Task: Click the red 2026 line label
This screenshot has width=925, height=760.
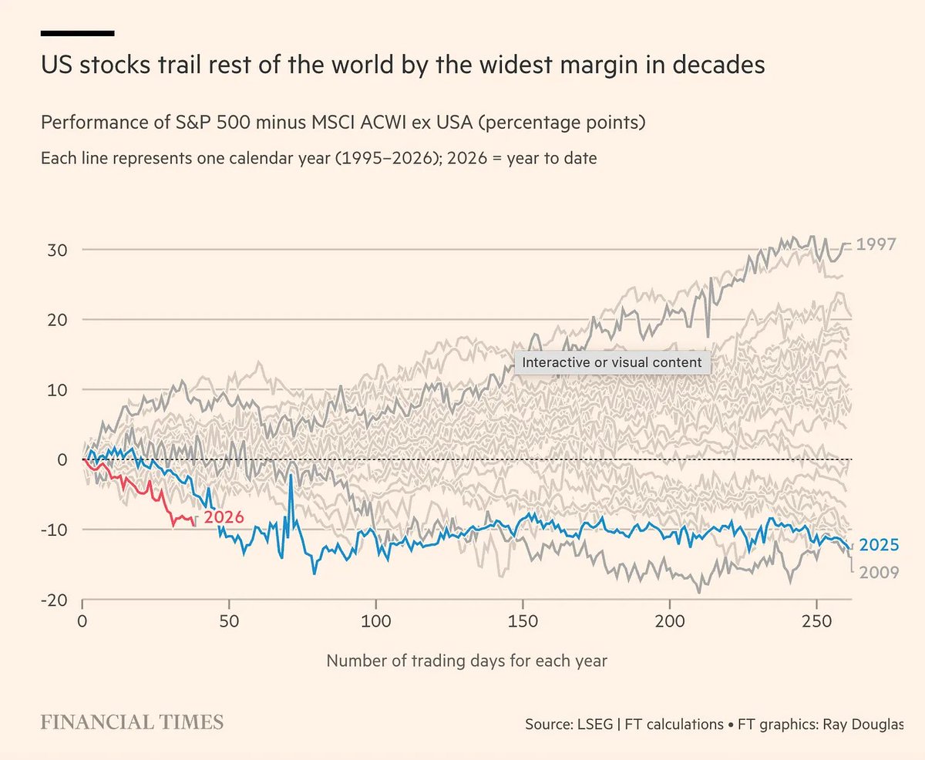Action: click(x=224, y=516)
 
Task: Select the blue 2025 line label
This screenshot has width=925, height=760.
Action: click(x=879, y=545)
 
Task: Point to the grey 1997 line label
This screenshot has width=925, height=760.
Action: click(x=876, y=244)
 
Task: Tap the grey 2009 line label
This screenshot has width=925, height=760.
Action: click(x=879, y=572)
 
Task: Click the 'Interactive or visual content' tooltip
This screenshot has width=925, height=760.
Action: click(x=612, y=362)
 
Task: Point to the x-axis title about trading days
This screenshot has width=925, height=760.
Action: click(x=466, y=661)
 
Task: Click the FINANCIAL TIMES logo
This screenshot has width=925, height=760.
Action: click(x=132, y=722)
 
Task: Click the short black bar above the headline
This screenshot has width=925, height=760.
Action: click(x=77, y=33)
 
